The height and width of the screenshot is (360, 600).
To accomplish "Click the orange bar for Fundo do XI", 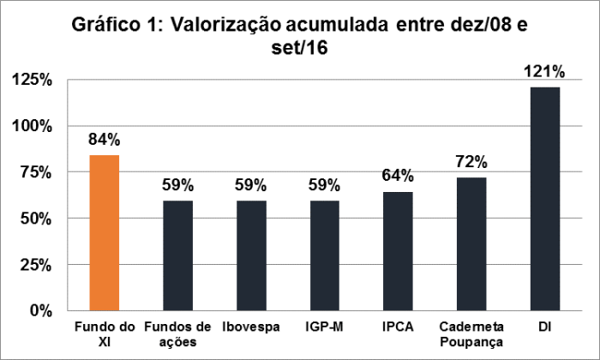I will click(104, 232).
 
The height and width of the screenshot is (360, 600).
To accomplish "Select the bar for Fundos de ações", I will click(177, 255).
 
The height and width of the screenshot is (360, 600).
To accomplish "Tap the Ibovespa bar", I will click(250, 255).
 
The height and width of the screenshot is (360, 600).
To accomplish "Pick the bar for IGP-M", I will click(324, 255).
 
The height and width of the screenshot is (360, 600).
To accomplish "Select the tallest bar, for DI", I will click(545, 198).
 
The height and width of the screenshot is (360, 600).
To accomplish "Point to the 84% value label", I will click(104, 140).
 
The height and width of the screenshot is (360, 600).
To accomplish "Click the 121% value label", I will click(545, 71).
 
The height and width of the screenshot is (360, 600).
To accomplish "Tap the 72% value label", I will click(471, 162).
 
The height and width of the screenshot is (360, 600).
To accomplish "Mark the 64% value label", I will click(398, 177).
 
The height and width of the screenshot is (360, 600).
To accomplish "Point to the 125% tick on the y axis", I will click(33, 80).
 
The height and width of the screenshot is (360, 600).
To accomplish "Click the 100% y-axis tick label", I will click(33, 126).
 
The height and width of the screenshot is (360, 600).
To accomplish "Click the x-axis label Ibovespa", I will click(250, 327).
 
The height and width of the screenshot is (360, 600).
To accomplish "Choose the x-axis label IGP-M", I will click(324, 327).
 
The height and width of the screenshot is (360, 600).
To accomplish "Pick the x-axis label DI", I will click(545, 327).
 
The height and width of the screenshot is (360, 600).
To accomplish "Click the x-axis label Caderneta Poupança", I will click(471, 334).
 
